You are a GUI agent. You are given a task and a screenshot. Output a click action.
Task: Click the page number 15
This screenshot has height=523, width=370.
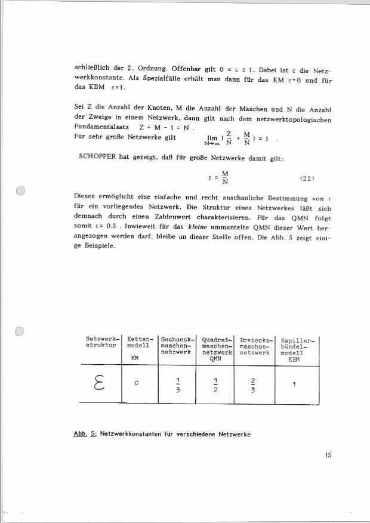point(328,455)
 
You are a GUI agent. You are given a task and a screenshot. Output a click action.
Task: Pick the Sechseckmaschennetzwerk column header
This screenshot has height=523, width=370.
point(177,346)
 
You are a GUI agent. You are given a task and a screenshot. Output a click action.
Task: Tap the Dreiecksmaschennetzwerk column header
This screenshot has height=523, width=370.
point(255,346)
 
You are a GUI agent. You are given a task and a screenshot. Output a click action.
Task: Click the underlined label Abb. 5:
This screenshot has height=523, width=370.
point(85,433)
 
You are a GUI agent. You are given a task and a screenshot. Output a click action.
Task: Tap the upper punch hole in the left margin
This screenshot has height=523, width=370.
point(21,192)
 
